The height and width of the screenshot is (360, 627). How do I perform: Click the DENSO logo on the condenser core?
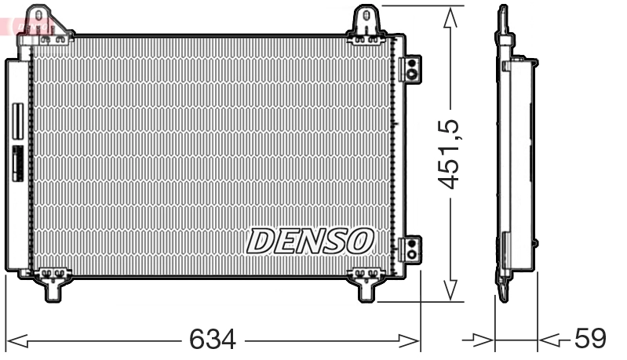click(309, 241)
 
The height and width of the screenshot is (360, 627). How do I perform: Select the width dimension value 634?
click(212, 340)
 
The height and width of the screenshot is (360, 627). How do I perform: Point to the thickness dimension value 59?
click(590, 340)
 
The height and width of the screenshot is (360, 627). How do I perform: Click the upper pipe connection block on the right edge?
click(410, 69)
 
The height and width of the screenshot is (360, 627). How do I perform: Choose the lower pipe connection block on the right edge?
click(410, 249)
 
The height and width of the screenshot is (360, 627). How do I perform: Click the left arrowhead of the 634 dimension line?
click(17, 340)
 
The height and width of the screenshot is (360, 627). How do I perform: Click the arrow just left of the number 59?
click(550, 340)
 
